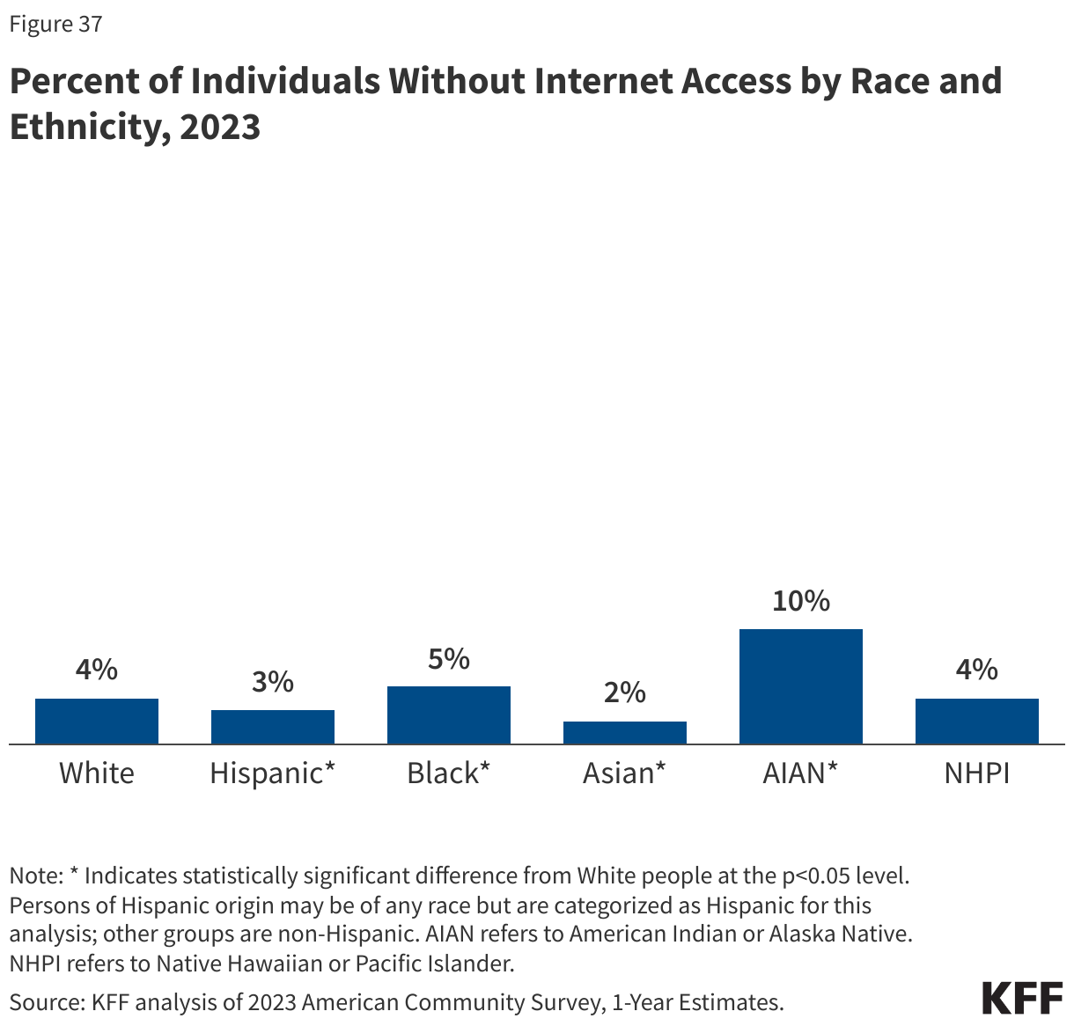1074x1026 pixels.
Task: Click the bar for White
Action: point(97,722)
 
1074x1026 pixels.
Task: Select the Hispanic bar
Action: point(273,727)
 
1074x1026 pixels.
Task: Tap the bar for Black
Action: point(449,715)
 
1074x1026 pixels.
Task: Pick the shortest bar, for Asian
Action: point(625,733)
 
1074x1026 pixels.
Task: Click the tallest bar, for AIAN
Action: point(801,686)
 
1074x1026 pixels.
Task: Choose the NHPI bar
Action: point(977,722)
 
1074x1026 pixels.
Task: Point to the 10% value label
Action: point(801,601)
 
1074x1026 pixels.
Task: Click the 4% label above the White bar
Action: point(97,670)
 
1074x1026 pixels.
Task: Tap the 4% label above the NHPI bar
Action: point(977,670)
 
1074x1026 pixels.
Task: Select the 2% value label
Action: point(625,693)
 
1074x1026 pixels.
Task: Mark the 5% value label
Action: point(449,658)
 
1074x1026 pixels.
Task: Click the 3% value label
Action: point(273,681)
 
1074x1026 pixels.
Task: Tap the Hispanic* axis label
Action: point(273,773)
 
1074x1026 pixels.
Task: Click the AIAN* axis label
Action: point(800,773)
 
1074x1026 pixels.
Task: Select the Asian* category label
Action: point(624,773)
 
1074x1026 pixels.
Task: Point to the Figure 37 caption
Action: point(55,24)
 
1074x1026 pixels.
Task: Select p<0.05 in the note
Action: point(814,876)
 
